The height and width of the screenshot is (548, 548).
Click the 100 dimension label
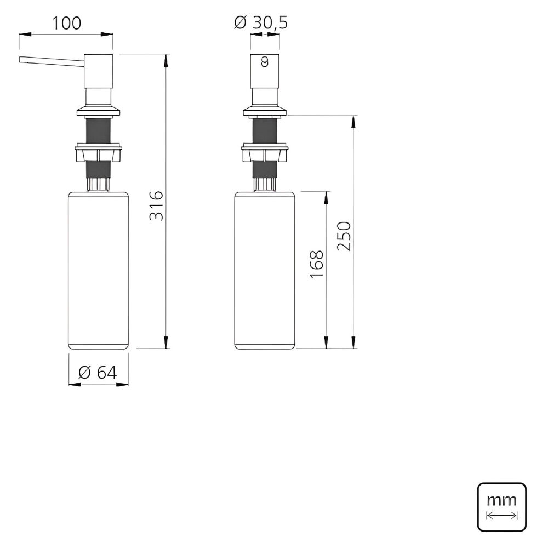pyautogui.click(x=66, y=23)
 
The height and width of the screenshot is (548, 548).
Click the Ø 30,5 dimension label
pyautogui.click(x=261, y=22)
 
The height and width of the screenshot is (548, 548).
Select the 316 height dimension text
pyautogui.click(x=157, y=206)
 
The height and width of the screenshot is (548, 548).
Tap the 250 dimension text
pyautogui.click(x=344, y=236)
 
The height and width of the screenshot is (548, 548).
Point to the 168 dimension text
pyautogui.click(x=317, y=264)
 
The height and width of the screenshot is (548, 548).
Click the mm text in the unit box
pyautogui.click(x=501, y=499)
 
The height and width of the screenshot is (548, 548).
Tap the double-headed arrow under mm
pyautogui.click(x=502, y=516)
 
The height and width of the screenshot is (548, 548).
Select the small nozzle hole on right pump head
pyautogui.click(x=265, y=62)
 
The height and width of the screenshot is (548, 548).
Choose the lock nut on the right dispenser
pyautogui.click(x=265, y=152)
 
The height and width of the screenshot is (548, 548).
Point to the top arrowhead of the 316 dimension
pyautogui.click(x=165, y=58)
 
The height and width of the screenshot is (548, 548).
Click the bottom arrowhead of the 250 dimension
pyautogui.click(x=354, y=345)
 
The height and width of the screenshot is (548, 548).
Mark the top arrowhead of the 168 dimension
pyautogui.click(x=327, y=196)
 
